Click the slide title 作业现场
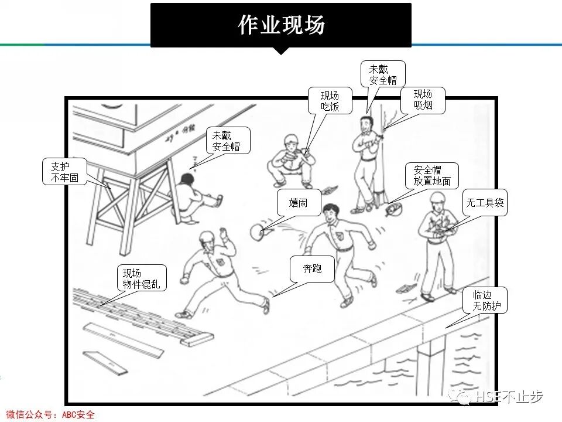[281, 25]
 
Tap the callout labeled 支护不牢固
[64, 171]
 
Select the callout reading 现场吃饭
[330, 101]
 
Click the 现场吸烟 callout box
[423, 100]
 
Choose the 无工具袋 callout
[485, 204]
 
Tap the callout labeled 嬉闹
[299, 203]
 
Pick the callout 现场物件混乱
[141, 279]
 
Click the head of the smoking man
[366, 124]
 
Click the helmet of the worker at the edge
[438, 199]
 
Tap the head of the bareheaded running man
[331, 212]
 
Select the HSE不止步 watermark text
[509, 397]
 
